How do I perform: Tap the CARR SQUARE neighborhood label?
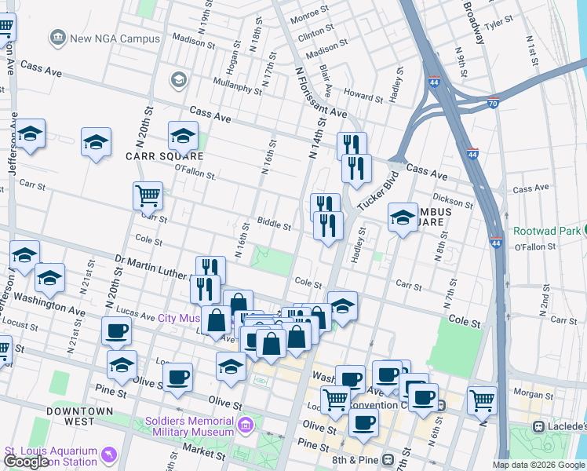(131, 155)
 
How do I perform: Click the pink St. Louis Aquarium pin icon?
(109, 453)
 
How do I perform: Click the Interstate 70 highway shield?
(493, 102)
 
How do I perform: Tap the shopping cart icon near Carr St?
(148, 195)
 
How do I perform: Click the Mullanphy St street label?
(235, 86)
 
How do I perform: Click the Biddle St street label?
(275, 226)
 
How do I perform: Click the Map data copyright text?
(538, 465)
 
